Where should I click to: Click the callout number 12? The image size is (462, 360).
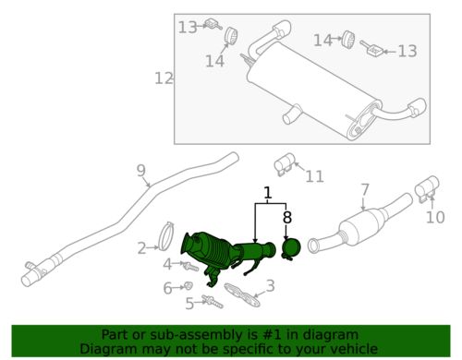(x=164, y=78)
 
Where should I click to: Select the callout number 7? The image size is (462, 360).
(x=365, y=190)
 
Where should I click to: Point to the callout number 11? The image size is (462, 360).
(x=315, y=176)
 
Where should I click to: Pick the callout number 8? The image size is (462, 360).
(x=286, y=219)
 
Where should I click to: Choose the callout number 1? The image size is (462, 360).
(x=268, y=195)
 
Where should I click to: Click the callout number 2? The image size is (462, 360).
(x=141, y=247)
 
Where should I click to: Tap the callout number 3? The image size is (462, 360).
(x=271, y=285)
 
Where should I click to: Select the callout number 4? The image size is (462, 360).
(x=166, y=265)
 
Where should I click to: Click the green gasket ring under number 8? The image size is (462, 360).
(x=290, y=249)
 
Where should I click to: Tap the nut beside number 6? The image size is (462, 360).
(x=188, y=287)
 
